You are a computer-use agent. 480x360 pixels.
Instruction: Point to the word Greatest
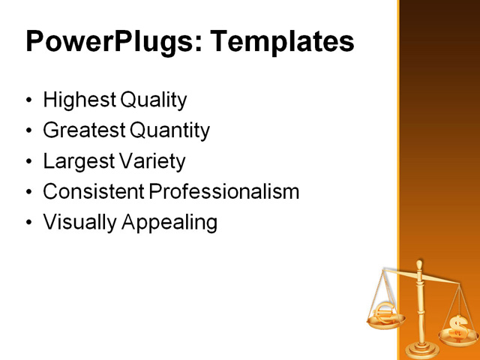(x=84, y=130)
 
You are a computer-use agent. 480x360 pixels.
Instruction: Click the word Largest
(x=77, y=161)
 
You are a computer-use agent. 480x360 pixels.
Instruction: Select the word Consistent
(x=94, y=191)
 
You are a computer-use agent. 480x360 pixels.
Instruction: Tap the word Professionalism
(x=224, y=191)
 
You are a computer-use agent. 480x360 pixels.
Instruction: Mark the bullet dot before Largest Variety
(x=29, y=162)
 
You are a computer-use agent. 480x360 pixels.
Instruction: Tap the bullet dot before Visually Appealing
(x=29, y=223)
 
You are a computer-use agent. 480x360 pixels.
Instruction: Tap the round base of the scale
(x=420, y=349)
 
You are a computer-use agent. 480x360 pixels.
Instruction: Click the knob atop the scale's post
(x=420, y=264)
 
